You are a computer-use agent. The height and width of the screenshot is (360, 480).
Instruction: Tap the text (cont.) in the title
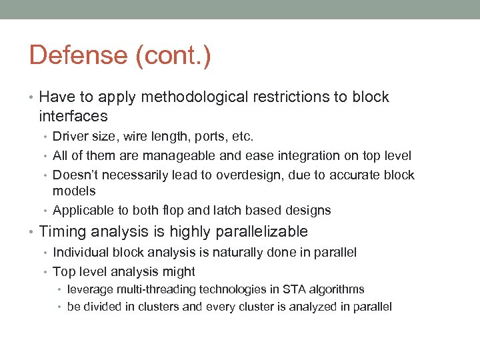tap(173, 55)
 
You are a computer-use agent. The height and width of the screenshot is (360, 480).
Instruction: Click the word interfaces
tap(73, 116)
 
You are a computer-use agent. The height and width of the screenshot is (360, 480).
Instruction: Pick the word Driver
tap(69, 137)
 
